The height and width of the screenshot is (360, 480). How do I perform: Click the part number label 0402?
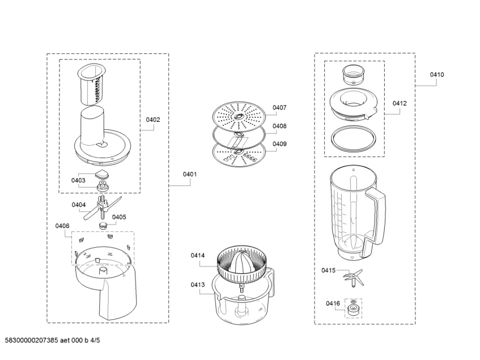click(x=153, y=120)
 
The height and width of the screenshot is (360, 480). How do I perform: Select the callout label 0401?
click(x=189, y=175)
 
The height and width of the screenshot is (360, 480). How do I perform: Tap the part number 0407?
click(x=279, y=108)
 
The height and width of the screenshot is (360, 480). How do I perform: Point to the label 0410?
click(x=436, y=75)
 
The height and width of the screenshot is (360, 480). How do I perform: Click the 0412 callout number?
click(x=400, y=104)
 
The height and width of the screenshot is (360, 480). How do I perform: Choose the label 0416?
click(x=333, y=304)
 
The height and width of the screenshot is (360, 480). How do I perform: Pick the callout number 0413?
click(x=198, y=285)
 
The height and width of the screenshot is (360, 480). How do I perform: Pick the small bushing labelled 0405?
click(x=103, y=225)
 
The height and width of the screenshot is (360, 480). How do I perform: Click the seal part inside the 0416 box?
click(x=354, y=308)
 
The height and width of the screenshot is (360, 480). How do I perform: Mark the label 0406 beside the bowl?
click(x=62, y=226)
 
